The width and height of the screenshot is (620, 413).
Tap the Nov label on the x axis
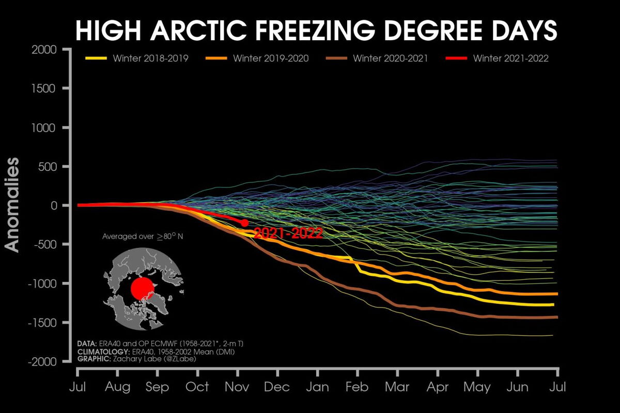pyautogui.click(x=237, y=387)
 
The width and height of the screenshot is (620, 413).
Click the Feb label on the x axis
pyautogui.click(x=357, y=387)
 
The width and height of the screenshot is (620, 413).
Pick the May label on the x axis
pyautogui.click(x=477, y=387)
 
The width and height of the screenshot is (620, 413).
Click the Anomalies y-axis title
pyautogui.click(x=12, y=205)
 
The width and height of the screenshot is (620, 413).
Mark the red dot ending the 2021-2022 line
pyautogui.click(x=244, y=223)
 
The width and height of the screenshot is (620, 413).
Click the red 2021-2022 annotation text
pyautogui.click(x=288, y=233)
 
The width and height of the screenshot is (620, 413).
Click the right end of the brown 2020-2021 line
pyautogui.click(x=556, y=317)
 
